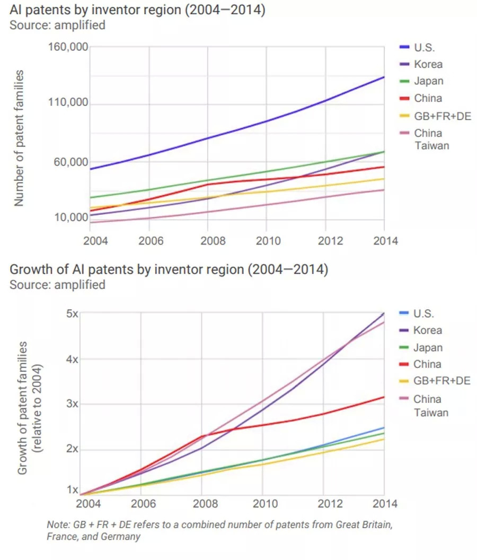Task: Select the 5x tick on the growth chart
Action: (x=73, y=313)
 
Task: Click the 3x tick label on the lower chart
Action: (x=73, y=404)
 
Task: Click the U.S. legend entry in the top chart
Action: (x=424, y=47)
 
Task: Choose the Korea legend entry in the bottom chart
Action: (x=427, y=330)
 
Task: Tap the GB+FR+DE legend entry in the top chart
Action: (x=442, y=116)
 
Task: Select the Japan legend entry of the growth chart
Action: (x=428, y=347)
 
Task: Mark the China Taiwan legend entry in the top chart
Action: (x=431, y=139)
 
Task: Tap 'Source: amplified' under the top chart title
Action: (x=57, y=24)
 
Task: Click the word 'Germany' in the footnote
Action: (x=123, y=536)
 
